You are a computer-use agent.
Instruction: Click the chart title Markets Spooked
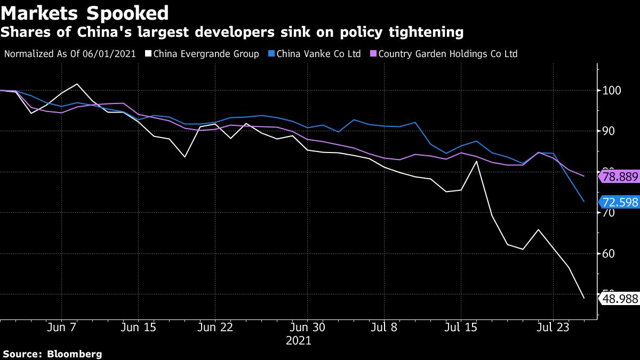pyautogui.click(x=85, y=13)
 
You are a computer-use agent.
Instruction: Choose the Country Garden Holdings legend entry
pyautogui.click(x=448, y=54)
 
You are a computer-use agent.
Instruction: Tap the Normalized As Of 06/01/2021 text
pyautogui.click(x=70, y=54)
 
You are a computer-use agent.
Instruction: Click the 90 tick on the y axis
pyautogui.click(x=609, y=131)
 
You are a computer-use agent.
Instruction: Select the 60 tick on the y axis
pyautogui.click(x=609, y=253)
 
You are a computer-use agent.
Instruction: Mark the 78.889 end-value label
pyautogui.click(x=619, y=176)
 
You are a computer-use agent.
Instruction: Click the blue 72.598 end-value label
pyautogui.click(x=619, y=202)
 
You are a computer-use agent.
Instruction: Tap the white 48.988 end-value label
pyautogui.click(x=619, y=299)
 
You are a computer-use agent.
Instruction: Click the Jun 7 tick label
pyautogui.click(x=64, y=327)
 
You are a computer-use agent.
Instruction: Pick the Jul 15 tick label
pyautogui.click(x=461, y=327)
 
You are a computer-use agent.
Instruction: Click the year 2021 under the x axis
pyautogui.click(x=299, y=340)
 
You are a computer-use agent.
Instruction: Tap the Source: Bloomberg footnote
pyautogui.click(x=52, y=354)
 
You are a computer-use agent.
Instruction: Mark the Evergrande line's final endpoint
pyautogui.click(x=584, y=298)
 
